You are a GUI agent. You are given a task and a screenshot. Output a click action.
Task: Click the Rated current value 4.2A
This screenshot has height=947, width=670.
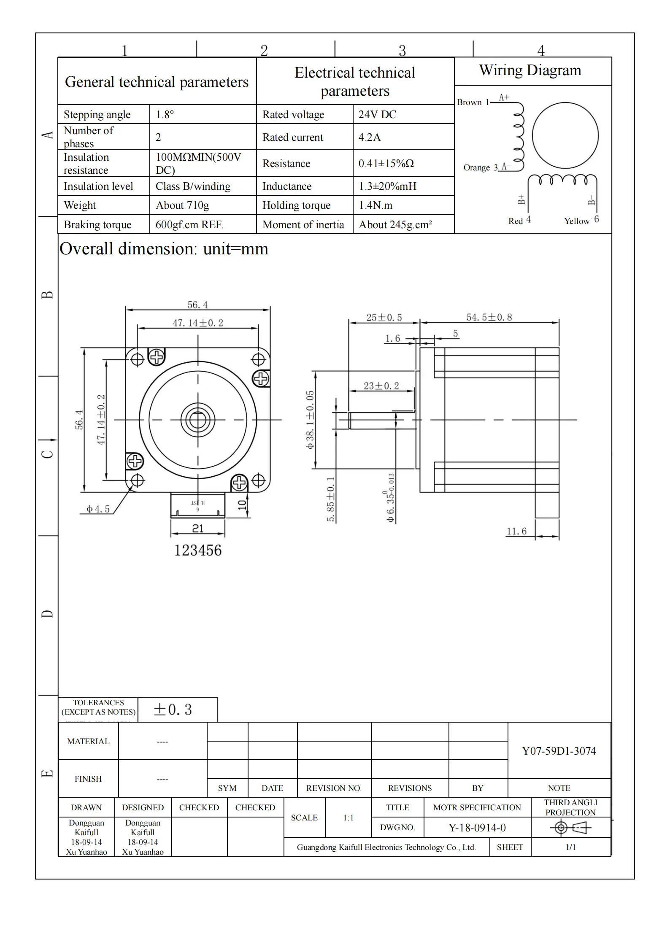coord(370,137)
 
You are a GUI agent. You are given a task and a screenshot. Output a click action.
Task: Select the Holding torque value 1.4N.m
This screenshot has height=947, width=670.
coord(376,205)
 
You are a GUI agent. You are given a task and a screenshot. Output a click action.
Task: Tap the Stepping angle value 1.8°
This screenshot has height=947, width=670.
coord(165,114)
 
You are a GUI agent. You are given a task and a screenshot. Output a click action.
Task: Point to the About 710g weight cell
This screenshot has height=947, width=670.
coord(182,205)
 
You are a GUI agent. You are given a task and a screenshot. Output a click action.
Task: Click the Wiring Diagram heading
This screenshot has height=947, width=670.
coord(530,70)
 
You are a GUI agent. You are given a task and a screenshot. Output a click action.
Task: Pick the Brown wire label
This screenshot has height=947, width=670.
coord(469,102)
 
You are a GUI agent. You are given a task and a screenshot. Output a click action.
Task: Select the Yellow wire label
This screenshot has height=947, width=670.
coord(576,221)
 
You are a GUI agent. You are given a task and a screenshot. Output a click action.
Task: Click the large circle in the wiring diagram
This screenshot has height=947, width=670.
coord(565,136)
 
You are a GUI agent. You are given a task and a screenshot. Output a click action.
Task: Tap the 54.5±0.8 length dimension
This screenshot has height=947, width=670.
coord(489,317)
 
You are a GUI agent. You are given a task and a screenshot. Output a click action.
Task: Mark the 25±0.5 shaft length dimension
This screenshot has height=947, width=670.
coord(384,317)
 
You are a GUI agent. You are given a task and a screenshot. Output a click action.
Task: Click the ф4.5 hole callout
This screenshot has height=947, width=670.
coord(98,509)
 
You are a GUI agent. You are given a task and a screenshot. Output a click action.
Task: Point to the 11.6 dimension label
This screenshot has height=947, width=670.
coord(516,531)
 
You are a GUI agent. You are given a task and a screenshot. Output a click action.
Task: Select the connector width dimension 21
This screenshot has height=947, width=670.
coord(197,529)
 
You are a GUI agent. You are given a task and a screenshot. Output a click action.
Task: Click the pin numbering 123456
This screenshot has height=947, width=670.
coord(198,550)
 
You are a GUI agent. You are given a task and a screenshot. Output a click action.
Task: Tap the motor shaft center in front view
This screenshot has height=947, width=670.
coord(197,420)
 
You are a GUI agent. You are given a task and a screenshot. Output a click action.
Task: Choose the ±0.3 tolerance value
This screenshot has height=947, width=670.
coord(173,710)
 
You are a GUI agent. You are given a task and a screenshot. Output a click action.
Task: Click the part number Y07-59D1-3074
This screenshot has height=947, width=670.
coord(559,751)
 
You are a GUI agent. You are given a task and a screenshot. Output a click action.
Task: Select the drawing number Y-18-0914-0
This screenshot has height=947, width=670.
coord(477,828)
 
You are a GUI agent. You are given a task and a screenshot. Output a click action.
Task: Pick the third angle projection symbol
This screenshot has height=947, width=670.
coord(570,828)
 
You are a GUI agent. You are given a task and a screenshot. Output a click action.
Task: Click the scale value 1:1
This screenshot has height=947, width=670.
coord(348,817)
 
